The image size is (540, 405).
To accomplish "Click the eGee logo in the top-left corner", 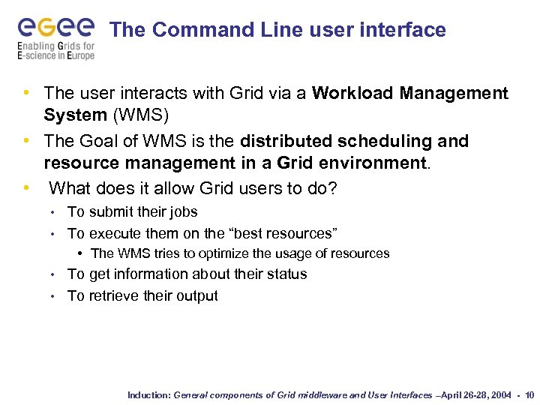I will click(56, 28).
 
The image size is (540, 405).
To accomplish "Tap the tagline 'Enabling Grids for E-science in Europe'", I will click(56, 51).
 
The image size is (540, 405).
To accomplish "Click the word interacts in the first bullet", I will click(142, 93).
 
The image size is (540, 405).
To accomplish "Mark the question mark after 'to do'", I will click(332, 187).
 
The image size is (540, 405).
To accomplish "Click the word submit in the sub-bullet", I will click(109, 212).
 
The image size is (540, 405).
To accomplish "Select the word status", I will click(286, 274).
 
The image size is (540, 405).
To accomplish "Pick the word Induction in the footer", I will click(148, 394).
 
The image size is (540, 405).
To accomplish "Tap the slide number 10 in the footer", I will click(529, 394).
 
